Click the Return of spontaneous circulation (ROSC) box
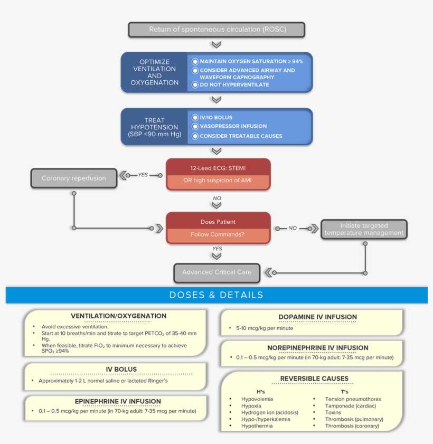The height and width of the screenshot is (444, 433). pyautogui.click(x=216, y=30)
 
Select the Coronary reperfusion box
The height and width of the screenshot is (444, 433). pyautogui.click(x=73, y=178)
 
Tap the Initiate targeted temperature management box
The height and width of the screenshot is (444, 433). pyautogui.click(x=364, y=229)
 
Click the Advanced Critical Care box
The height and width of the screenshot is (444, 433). pyautogui.click(x=216, y=272)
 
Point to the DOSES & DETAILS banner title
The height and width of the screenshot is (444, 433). pyautogui.click(x=216, y=295)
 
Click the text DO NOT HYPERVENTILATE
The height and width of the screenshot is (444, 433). pyautogui.click(x=234, y=84)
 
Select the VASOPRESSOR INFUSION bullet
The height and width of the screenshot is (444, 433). pyautogui.click(x=233, y=126)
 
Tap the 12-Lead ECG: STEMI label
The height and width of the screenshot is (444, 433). pyautogui.click(x=218, y=168)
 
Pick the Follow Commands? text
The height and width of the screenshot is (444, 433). pyautogui.click(x=218, y=234)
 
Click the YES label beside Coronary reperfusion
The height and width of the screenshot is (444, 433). pyautogui.click(x=143, y=175)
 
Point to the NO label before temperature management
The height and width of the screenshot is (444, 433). pyautogui.click(x=293, y=228)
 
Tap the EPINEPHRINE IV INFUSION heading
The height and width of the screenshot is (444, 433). pyautogui.click(x=118, y=401)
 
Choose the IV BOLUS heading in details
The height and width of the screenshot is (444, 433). pyautogui.click(x=121, y=370)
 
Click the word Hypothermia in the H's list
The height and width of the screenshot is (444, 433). pyautogui.click(x=257, y=426)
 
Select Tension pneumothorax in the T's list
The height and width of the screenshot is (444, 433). pyautogui.click(x=353, y=399)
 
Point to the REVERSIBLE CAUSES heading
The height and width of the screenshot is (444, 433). pyautogui.click(x=314, y=379)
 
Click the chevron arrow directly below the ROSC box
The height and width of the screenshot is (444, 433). pyautogui.click(x=216, y=44)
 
